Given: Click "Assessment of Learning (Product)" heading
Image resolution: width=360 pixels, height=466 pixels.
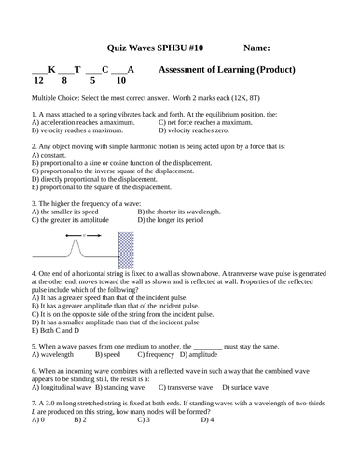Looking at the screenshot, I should (x=228, y=70).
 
